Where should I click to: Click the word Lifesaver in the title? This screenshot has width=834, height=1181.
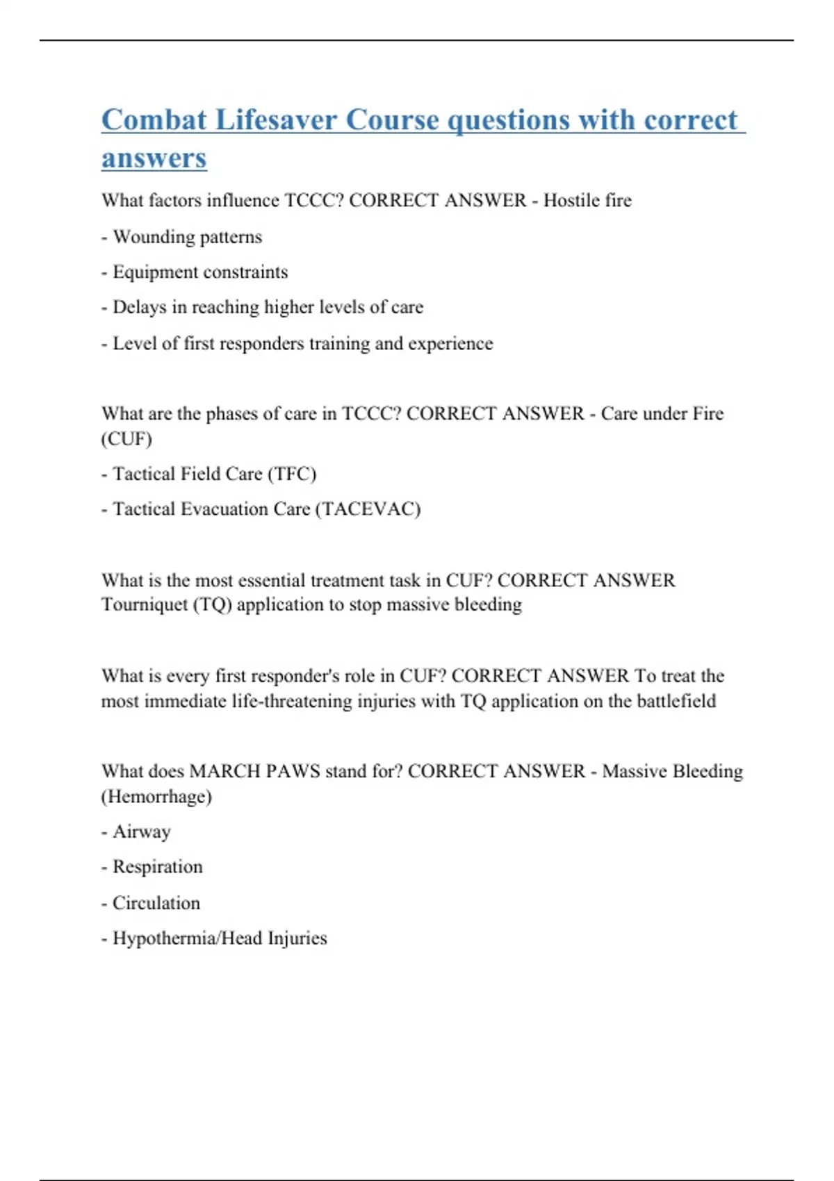[276, 119]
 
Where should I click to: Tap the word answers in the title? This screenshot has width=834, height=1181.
[154, 158]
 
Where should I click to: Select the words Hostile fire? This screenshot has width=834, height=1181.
[587, 201]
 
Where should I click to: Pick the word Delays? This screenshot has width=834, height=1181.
[140, 307]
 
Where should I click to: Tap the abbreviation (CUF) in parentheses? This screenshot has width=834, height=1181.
[126, 439]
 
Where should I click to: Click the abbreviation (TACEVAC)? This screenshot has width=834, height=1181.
[368, 509]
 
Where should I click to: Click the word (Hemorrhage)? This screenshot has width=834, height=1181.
[156, 796]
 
